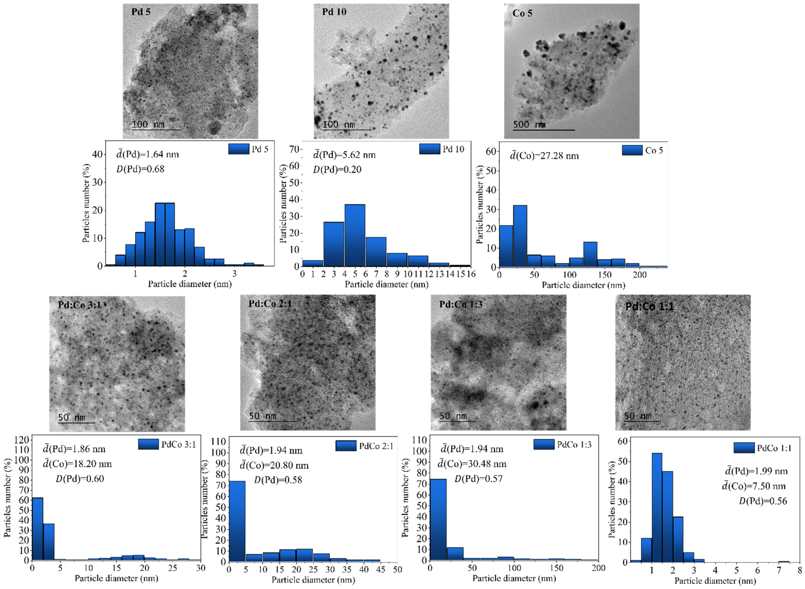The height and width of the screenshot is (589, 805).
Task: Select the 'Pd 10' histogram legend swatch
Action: tap(429, 149)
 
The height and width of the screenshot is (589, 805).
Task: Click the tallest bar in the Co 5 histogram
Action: tap(520, 236)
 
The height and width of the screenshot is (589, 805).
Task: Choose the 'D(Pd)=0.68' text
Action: tap(141, 169)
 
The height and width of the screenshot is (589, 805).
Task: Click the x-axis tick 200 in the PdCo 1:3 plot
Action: tap(598, 568)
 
